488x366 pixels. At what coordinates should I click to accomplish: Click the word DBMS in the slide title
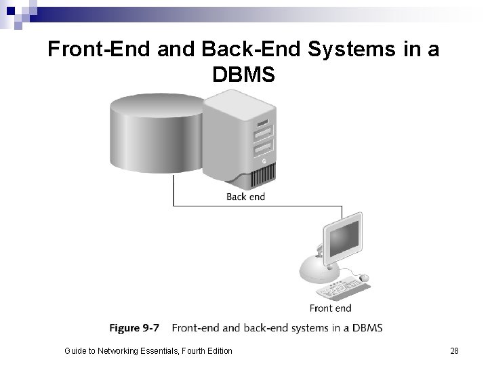pos(243,74)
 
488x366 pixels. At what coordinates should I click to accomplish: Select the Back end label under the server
pos(245,197)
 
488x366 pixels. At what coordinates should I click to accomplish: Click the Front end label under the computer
pos(330,308)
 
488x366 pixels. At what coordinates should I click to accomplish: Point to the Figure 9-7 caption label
pos(134,328)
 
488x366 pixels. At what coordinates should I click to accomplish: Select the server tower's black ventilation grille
pos(261,179)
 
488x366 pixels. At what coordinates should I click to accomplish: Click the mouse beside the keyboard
pos(364,277)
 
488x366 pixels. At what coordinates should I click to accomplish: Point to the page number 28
pos(454,350)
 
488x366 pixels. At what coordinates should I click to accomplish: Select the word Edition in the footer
pos(218,350)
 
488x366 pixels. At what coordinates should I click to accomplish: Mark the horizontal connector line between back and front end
pos(258,205)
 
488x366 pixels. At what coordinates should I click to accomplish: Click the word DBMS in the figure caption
pos(367,328)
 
